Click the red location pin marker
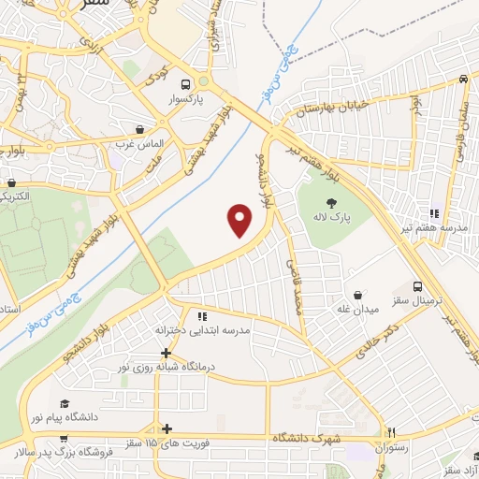240,221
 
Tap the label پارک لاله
329,217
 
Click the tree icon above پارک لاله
329,202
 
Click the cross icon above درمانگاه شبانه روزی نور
167,354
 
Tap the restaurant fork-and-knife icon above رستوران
392,433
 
